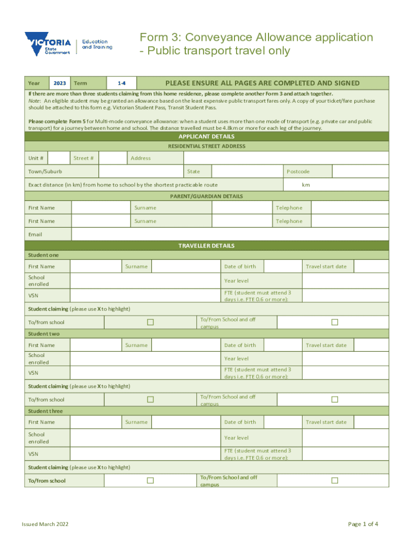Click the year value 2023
(60, 83)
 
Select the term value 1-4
(121, 83)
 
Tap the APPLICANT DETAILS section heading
(207, 137)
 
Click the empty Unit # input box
(60, 158)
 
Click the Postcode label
(298, 172)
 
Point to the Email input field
(230, 234)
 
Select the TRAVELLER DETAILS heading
(207, 245)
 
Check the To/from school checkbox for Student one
(150, 322)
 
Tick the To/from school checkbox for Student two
(150, 399)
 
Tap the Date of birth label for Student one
(240, 266)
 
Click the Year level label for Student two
(237, 359)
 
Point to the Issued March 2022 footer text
(44, 524)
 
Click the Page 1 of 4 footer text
(363, 524)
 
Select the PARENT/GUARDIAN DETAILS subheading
(207, 196)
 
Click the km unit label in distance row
(306, 185)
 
